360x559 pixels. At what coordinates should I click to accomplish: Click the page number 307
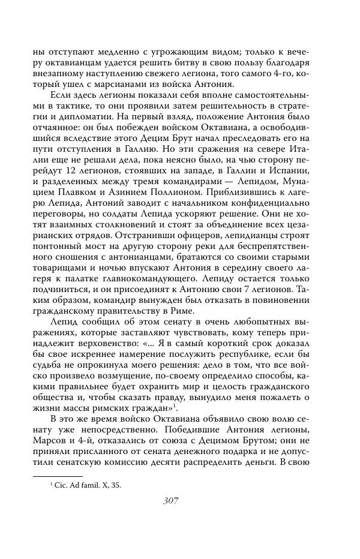click(x=179, y=500)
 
